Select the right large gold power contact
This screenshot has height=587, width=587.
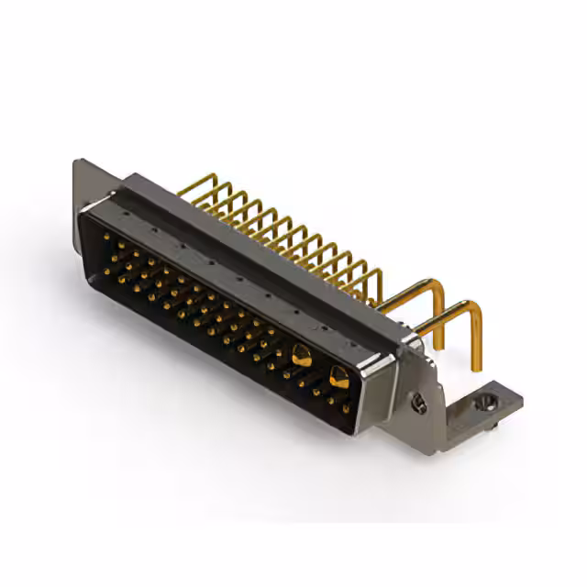pos(338,374)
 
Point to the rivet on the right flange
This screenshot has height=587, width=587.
pos(418,403)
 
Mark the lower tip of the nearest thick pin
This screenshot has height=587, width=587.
pos(476,367)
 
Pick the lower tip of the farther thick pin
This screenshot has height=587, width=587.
pos(439,346)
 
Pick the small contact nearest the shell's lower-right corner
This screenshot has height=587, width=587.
pos(347,409)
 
